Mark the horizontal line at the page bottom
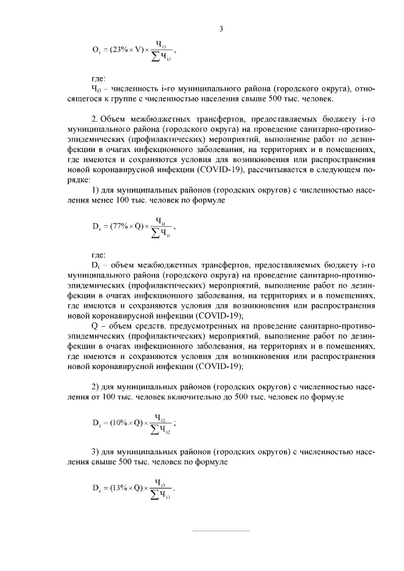coord(221,531)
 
